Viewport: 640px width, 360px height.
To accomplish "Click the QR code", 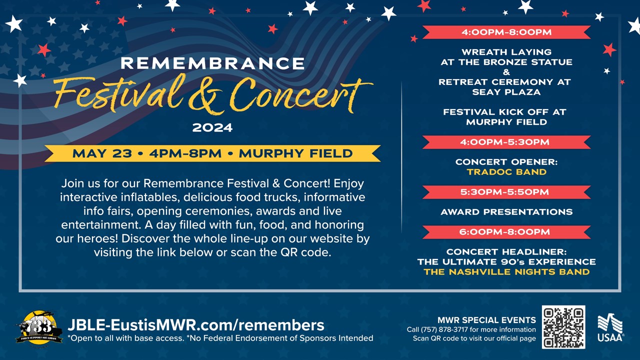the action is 563,327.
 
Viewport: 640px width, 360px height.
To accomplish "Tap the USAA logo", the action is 610,327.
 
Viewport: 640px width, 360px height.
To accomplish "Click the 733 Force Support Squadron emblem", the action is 39,327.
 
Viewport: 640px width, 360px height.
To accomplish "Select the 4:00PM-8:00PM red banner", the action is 506,32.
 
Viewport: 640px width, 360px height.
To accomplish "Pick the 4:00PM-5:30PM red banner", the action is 506,142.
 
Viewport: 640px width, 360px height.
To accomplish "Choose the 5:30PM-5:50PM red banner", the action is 506,192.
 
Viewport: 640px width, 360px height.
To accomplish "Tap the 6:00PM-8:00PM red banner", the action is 506,231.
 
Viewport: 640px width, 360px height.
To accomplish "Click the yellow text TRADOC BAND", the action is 506,172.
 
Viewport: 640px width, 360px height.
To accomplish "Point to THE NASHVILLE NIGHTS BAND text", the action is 506,271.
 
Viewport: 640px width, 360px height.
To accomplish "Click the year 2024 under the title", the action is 212,127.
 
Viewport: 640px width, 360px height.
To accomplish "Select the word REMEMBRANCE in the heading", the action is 213,63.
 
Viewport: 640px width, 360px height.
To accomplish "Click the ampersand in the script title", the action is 205,97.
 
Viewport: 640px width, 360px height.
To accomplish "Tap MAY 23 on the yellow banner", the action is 102,153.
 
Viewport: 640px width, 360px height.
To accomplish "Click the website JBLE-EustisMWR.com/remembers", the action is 196,325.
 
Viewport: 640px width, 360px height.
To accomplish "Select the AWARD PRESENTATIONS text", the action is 506,212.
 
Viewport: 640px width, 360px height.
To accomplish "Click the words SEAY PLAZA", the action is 506,92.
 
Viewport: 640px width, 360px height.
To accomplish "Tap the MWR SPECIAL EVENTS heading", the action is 486,320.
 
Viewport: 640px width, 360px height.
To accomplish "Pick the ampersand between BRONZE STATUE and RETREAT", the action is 506,72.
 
